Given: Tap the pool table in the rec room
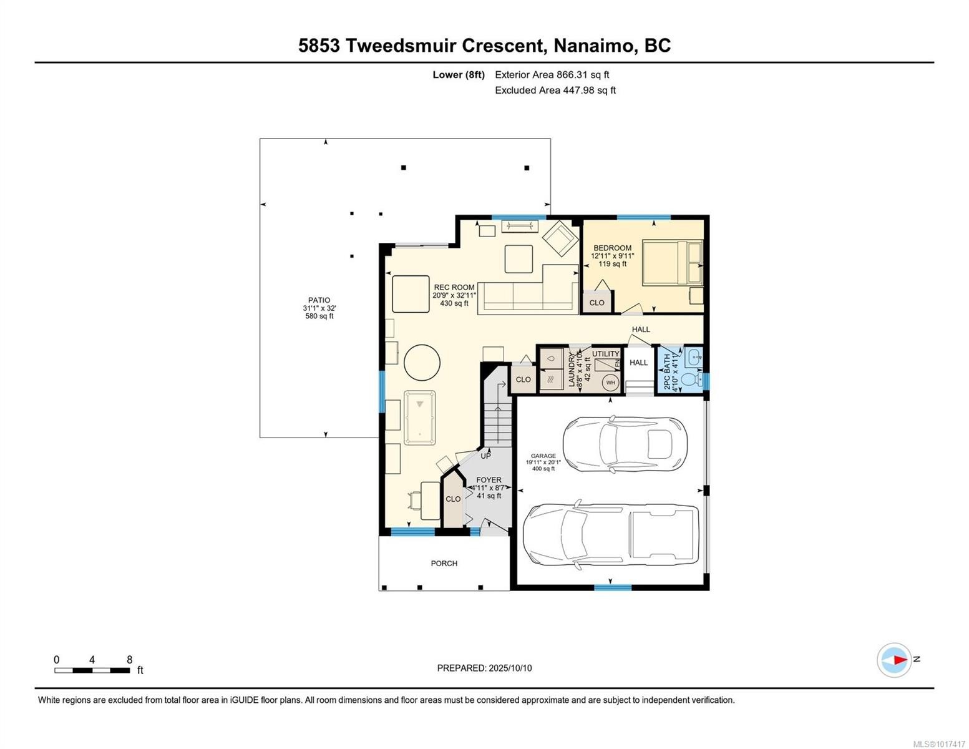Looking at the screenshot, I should [420, 418].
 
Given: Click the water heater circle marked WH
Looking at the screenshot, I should [610, 383].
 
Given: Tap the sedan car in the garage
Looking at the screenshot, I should [625, 444].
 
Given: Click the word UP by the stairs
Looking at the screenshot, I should [485, 456].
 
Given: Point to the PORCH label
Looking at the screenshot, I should [444, 564].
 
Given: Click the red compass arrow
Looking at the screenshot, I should [898, 659].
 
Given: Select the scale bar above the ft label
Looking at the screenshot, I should [92, 670].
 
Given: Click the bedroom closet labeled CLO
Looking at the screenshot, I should [596, 303].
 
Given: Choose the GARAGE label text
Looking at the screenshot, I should [543, 456].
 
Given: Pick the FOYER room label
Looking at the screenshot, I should [489, 480].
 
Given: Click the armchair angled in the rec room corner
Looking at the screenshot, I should [560, 239].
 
